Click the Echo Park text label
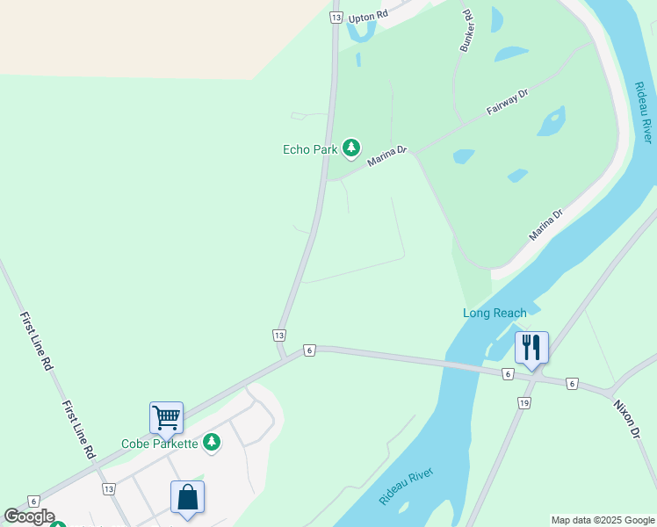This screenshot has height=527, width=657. [310, 149]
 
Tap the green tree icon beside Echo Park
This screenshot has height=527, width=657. [351, 148]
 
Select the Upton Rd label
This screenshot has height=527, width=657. [367, 17]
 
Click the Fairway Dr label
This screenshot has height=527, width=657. [508, 104]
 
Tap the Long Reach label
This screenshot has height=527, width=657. [495, 313]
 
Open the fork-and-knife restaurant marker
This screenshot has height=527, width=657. [531, 346]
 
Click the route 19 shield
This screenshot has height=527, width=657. [524, 403]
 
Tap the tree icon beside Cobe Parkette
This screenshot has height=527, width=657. [211, 443]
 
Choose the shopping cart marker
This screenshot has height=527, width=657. [166, 418]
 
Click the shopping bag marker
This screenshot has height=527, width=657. [188, 497]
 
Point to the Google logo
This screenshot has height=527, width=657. [29, 516]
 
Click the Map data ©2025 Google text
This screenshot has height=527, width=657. [603, 520]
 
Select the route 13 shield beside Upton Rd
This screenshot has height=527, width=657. [336, 17]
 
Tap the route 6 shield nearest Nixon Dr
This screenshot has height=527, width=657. [572, 384]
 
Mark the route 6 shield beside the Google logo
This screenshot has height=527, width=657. [34, 501]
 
